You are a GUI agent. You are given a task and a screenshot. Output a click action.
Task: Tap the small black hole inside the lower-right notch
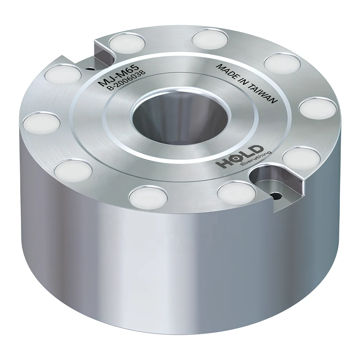(x=276, y=196)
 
